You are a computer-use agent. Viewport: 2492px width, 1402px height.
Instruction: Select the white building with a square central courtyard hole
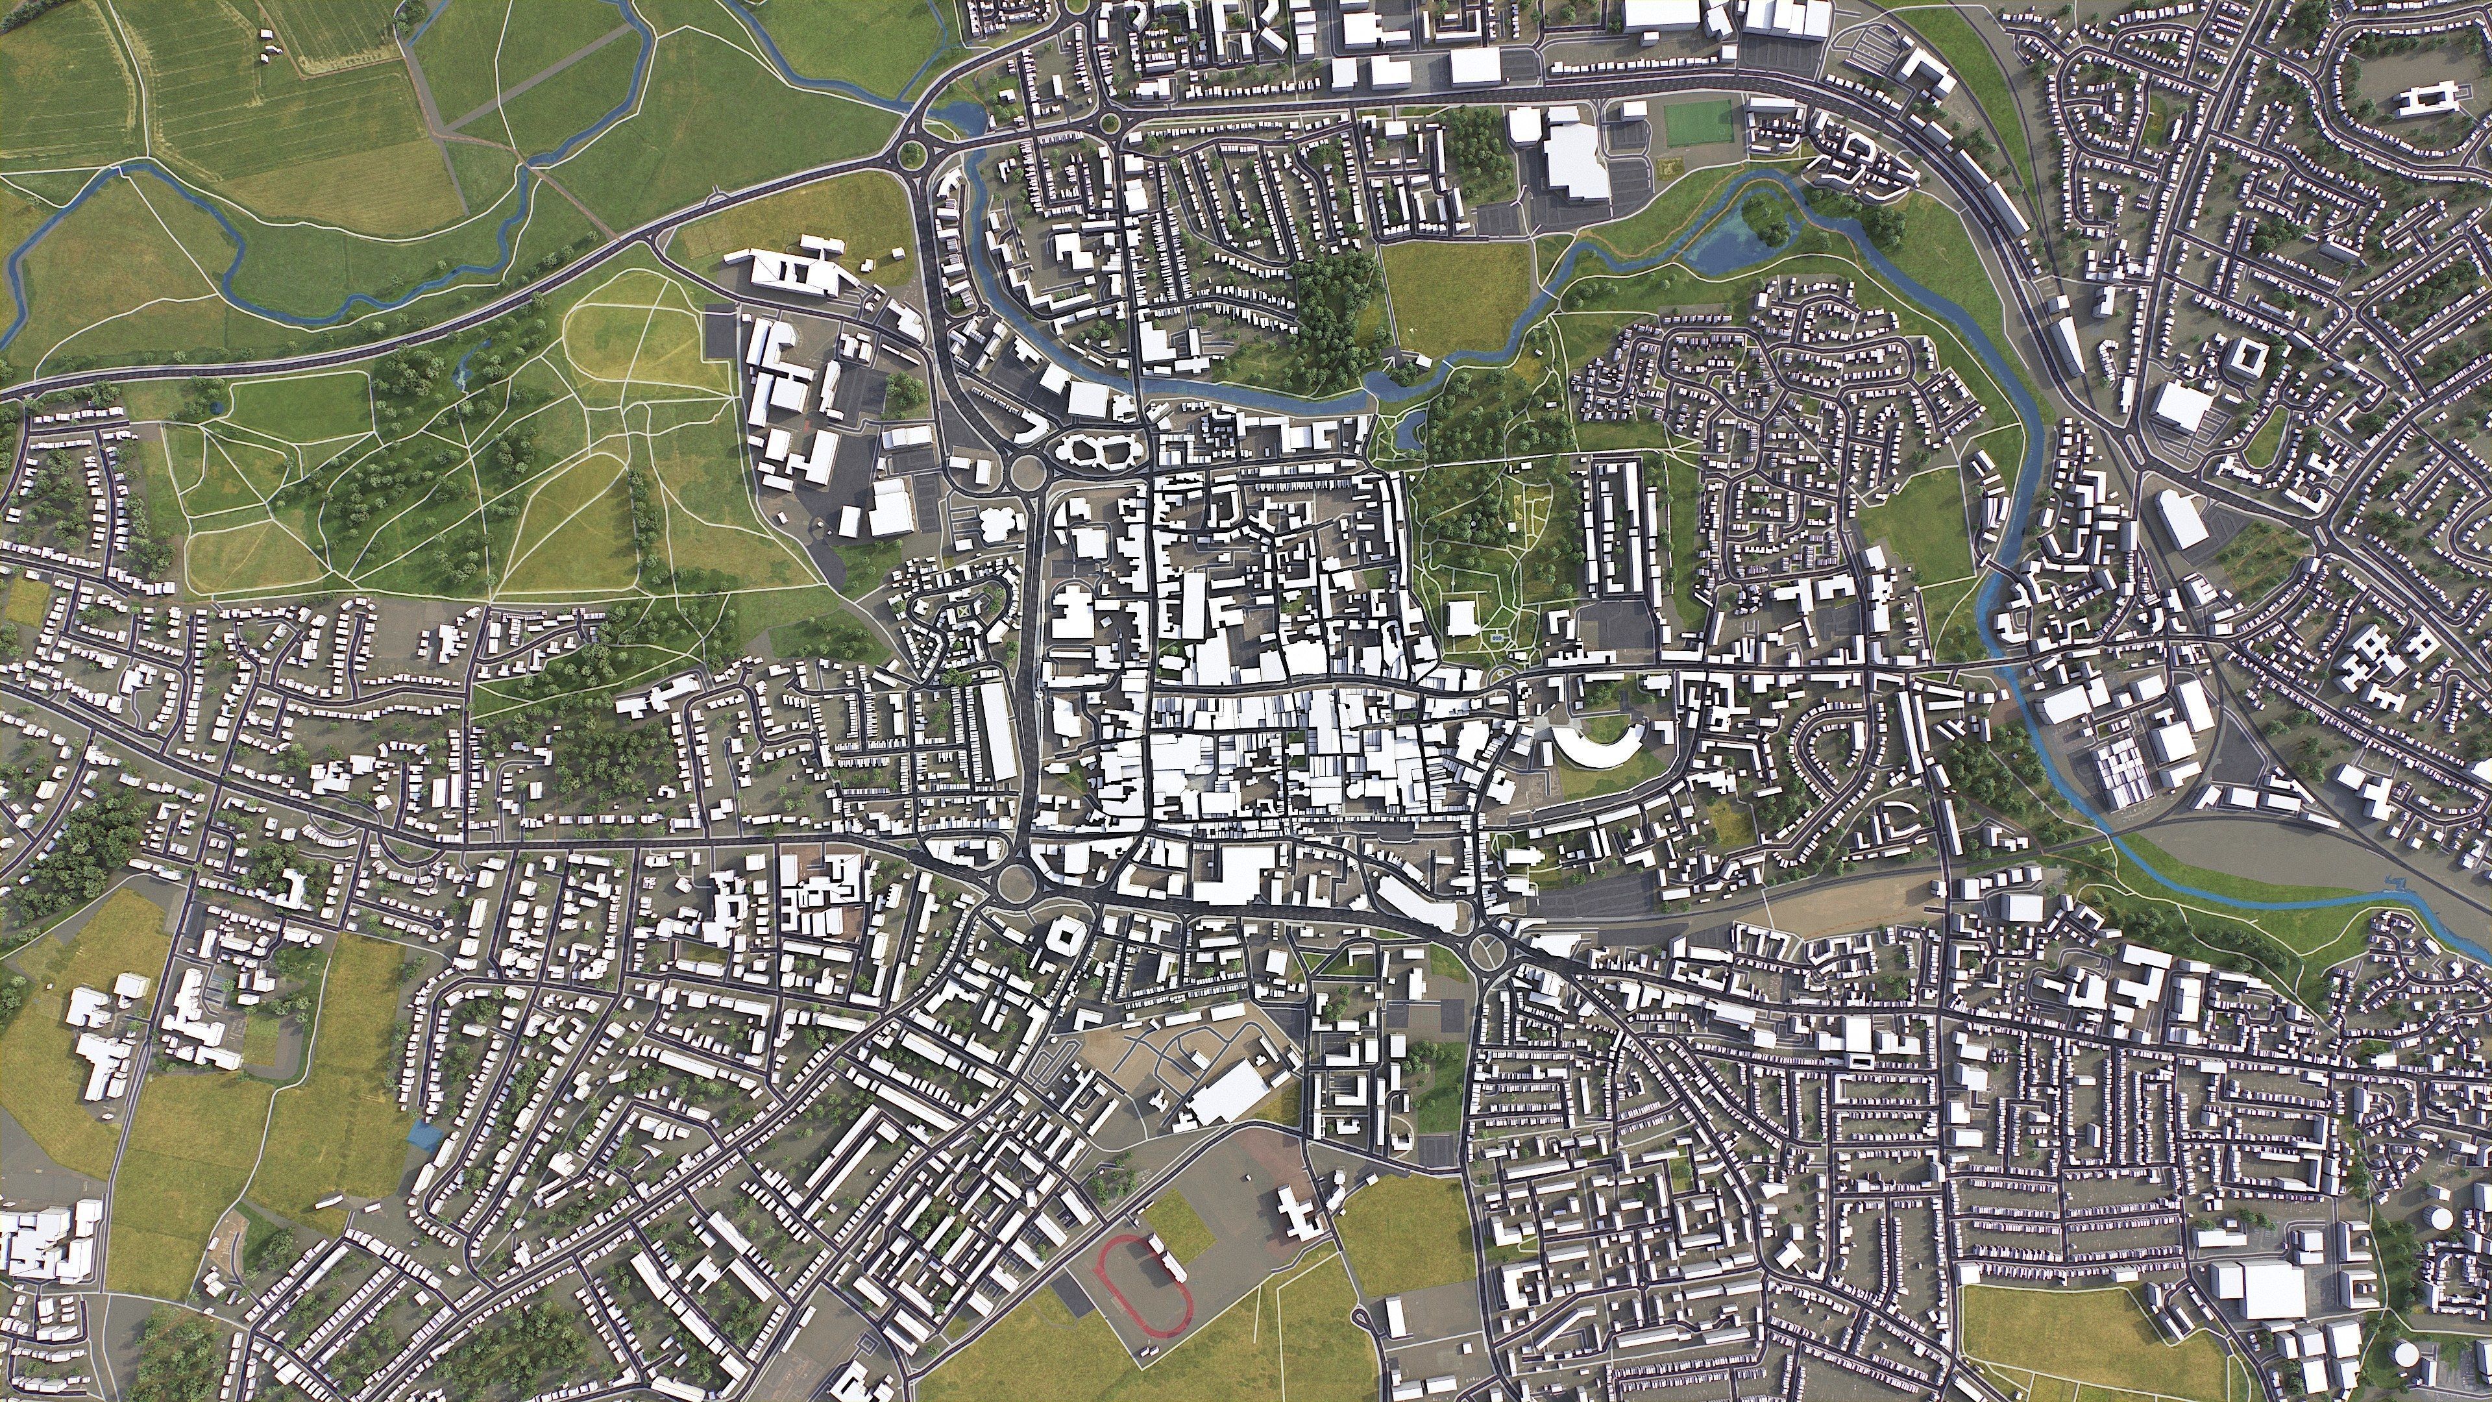[1064, 935]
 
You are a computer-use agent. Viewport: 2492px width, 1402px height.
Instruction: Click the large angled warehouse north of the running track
[1228, 1091]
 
